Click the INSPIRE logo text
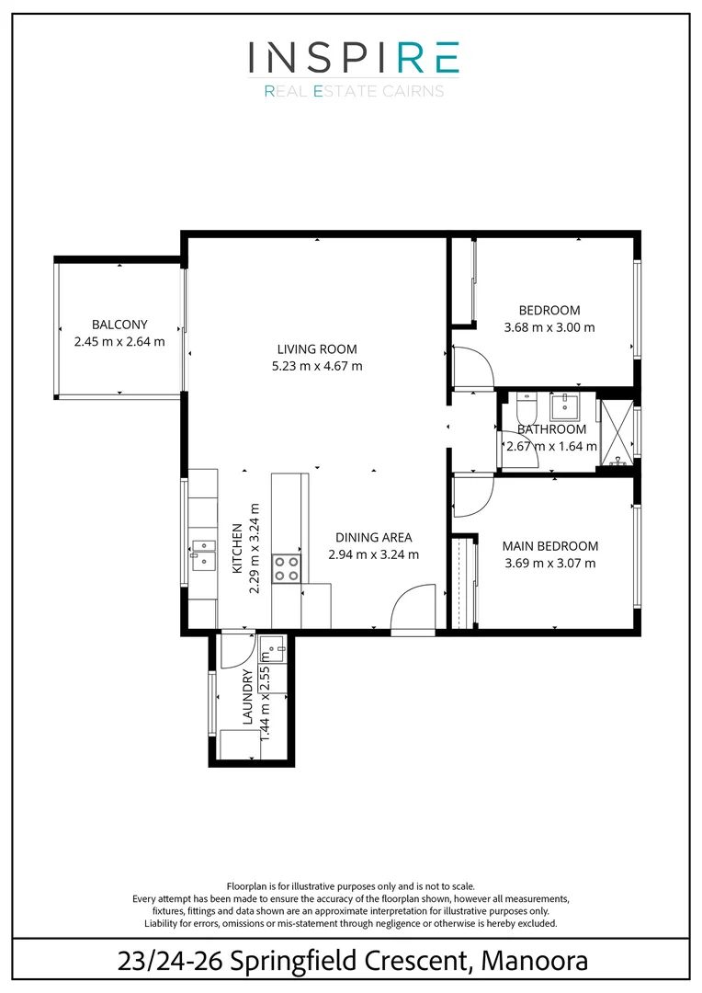pos(353,58)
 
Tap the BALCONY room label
pos(119,325)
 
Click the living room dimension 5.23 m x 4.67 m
pos(317,366)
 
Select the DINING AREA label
pos(373,538)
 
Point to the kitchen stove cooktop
pos(287,567)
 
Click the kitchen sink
pos(202,550)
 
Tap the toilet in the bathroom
pos(525,405)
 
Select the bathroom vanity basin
pos(562,405)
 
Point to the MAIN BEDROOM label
pos(549,546)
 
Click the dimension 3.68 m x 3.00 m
pos(549,327)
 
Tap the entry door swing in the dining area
pos(412,607)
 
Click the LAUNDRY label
pos(247,698)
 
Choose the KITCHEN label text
pos(236,549)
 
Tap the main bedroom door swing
pos(474,496)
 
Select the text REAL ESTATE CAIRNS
pos(354,91)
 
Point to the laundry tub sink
pos(273,647)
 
